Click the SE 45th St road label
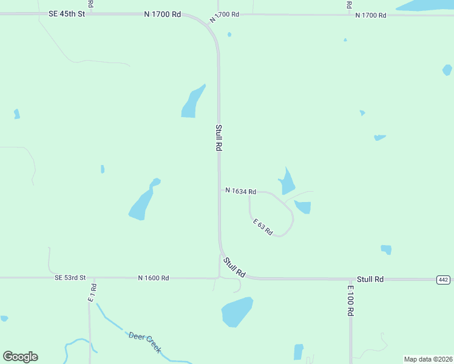click(67, 13)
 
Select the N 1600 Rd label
click(153, 278)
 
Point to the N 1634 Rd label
click(240, 191)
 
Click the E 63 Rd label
click(263, 227)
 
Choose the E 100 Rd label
click(351, 300)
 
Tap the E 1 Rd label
click(93, 292)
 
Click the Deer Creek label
click(144, 342)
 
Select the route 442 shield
click(443, 279)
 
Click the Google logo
click(20, 357)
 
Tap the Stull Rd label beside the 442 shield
click(370, 279)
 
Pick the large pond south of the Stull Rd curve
click(237, 312)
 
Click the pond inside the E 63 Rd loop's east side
click(303, 207)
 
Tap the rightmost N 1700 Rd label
click(370, 14)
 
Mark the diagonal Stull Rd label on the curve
click(234, 268)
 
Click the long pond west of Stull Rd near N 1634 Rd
click(143, 201)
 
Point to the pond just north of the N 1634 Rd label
click(286, 181)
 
